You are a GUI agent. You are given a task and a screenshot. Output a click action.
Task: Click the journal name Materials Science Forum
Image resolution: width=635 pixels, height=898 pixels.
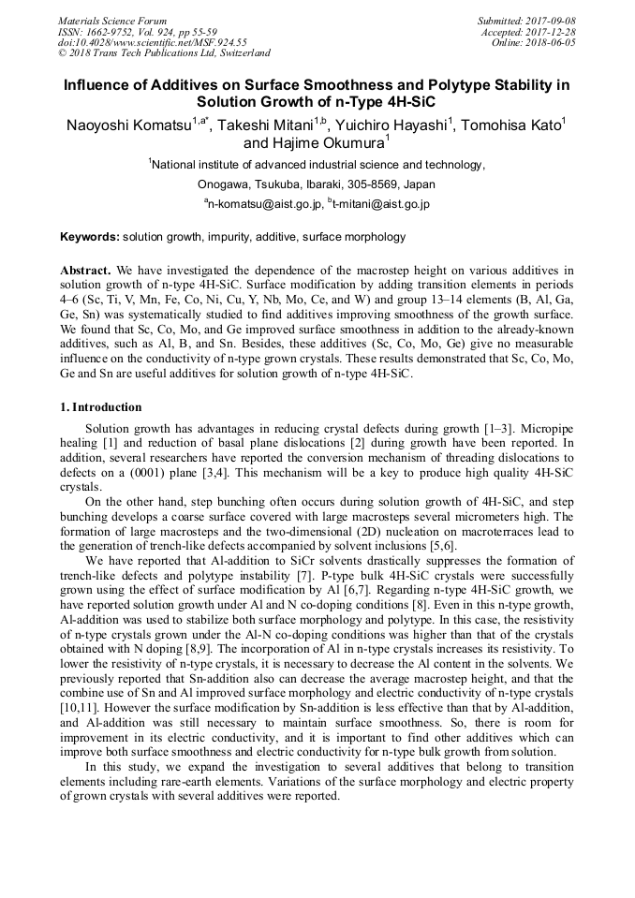112,21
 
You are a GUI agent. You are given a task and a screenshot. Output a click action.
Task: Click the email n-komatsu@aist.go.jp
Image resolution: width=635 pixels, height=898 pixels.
265,203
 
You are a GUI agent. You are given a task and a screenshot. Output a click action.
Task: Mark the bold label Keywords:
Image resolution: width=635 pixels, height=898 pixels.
90,237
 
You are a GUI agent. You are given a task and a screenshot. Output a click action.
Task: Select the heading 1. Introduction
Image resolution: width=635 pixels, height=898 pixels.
101,407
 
